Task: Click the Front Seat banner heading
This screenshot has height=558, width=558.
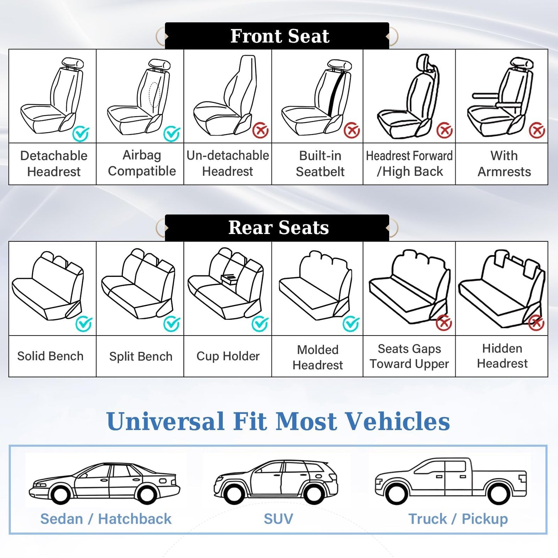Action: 280,36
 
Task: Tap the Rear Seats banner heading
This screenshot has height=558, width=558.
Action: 278,227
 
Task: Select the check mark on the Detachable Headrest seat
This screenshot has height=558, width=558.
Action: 81,134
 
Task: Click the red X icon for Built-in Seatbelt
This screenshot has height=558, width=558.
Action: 351,131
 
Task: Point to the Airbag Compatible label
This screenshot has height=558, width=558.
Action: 142,163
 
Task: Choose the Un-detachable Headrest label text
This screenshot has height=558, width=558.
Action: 227,163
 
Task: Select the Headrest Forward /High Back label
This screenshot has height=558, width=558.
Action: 409,163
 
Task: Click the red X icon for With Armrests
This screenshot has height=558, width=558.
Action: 537,131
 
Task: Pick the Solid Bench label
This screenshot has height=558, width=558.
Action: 50,356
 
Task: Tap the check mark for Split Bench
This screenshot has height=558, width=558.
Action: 171,324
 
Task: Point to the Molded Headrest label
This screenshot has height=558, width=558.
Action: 317,357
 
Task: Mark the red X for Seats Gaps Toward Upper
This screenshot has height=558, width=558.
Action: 444,323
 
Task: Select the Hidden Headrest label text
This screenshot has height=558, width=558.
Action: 502,356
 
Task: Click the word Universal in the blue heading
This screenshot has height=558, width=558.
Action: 165,421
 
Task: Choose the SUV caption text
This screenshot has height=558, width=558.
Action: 278,519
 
